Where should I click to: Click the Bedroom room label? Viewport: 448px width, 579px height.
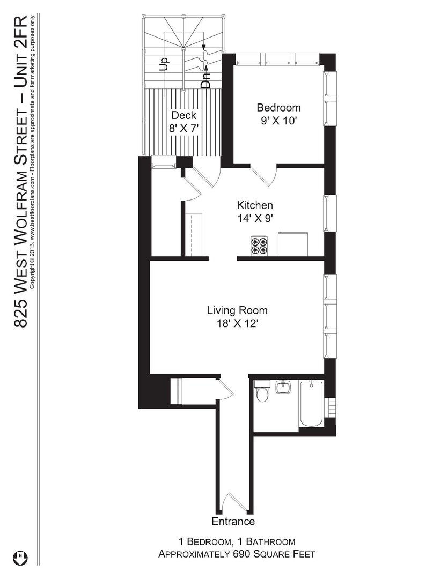tap(278, 107)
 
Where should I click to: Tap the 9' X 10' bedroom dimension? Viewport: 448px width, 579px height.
tap(279, 121)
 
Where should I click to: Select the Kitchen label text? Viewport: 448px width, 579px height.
tap(255, 205)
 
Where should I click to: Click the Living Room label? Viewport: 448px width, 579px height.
tap(237, 310)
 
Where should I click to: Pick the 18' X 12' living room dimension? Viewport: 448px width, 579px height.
tap(237, 323)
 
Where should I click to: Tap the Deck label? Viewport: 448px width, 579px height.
tap(183, 115)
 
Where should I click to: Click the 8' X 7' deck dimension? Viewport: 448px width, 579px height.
tap(184, 129)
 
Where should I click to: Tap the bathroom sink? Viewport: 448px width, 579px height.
tap(283, 387)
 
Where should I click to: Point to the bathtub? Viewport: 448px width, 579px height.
tap(311, 403)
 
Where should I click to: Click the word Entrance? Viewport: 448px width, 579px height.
tap(233, 522)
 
